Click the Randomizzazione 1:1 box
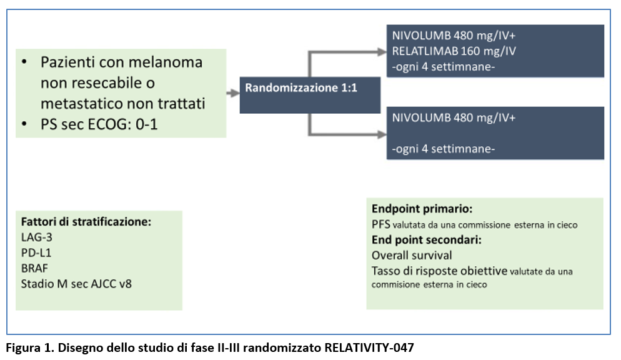point(310,95)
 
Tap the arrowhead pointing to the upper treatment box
point(382,52)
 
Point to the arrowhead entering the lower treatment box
point(382,134)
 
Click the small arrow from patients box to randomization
point(233,94)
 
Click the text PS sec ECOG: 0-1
point(99,124)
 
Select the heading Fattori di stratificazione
point(86,221)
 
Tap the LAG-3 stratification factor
point(36,237)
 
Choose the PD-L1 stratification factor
point(36,252)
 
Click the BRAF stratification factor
point(34,268)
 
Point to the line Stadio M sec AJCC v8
point(76,284)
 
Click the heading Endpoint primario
point(422,209)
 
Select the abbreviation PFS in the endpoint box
point(381,224)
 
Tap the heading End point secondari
point(427,239)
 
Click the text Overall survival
point(412,255)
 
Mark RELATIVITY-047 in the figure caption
point(369,347)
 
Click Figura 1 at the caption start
point(30,347)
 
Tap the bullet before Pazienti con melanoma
point(24,62)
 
